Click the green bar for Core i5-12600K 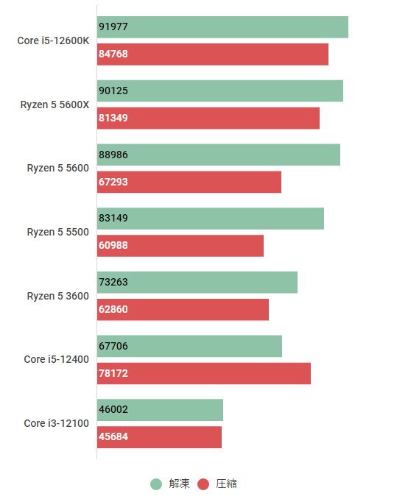tap(222, 27)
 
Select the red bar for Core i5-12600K tap(213, 54)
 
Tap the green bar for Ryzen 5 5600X tap(220, 91)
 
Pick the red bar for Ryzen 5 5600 tap(189, 182)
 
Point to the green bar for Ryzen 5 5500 tap(211, 219)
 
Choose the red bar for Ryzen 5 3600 tap(183, 310)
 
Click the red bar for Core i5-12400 tap(204, 373)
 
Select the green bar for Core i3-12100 tap(160, 410)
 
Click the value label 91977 tap(113, 27)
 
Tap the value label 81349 tap(113, 118)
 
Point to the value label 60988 tap(113, 246)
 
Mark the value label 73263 tap(113, 283)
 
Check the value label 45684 tap(113, 437)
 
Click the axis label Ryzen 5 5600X tap(54, 105)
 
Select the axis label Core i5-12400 tap(56, 359)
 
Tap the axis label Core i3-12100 tap(56, 423)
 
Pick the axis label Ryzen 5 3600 tap(57, 296)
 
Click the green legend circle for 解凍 tap(156, 484)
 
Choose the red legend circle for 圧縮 tap(204, 484)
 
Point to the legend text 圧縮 tap(226, 484)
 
